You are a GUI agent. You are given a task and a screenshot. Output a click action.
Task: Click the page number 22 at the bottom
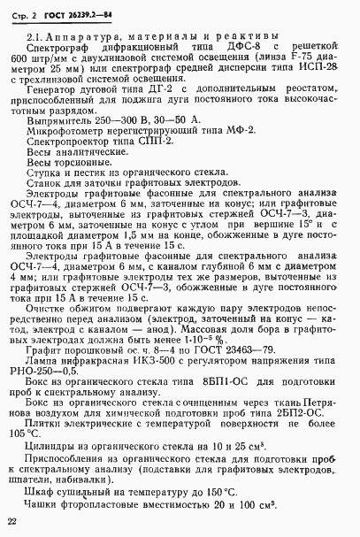point(12,523)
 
